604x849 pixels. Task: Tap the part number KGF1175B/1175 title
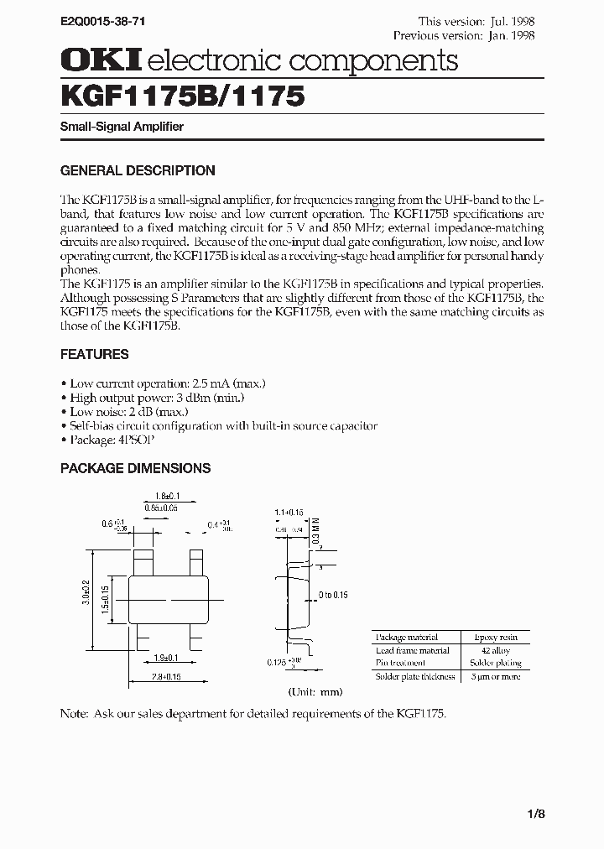tap(181, 96)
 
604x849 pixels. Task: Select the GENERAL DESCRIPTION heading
tap(138, 170)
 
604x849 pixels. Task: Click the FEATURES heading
tap(94, 354)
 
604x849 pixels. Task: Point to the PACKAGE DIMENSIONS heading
tap(135, 468)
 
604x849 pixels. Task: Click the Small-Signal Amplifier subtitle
tap(122, 127)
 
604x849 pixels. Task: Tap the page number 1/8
tap(536, 814)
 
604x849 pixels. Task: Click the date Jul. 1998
tap(511, 21)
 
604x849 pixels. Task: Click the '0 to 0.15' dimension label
tap(332, 595)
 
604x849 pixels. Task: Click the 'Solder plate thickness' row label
tap(415, 676)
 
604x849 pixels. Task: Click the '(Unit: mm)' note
tap(315, 692)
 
